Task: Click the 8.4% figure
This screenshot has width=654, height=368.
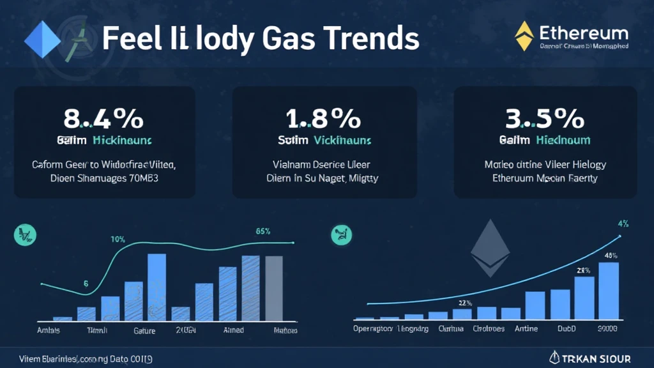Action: (103, 119)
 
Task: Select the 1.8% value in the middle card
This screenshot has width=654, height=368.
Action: (323, 119)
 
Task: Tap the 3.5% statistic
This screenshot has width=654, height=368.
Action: (545, 119)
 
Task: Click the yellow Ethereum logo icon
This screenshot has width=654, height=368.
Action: (524, 36)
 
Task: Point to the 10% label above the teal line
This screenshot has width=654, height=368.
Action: (118, 239)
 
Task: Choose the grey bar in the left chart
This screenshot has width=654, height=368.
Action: (273, 287)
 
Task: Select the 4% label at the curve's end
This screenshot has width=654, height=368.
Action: (623, 224)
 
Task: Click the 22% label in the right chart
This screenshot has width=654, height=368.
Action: (465, 303)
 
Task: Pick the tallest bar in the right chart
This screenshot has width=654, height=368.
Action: (608, 290)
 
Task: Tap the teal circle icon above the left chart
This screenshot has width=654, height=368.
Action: (22, 234)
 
